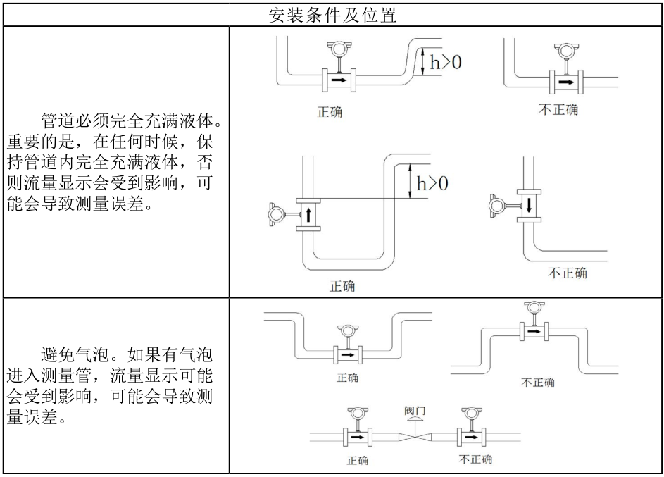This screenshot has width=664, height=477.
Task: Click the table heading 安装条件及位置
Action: click(x=332, y=13)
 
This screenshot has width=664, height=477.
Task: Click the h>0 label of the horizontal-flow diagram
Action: click(x=446, y=62)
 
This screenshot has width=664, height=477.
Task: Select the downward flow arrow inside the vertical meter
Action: click(x=527, y=205)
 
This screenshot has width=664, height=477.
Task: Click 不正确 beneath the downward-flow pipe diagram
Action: click(x=568, y=273)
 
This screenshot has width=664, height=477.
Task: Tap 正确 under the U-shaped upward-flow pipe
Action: click(x=342, y=286)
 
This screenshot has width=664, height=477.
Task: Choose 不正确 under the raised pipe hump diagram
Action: click(x=537, y=383)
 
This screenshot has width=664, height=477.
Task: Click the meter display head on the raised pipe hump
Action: click(x=532, y=308)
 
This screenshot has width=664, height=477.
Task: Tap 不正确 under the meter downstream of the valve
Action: click(x=475, y=459)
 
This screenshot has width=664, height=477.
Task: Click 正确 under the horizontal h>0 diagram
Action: click(x=330, y=113)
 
